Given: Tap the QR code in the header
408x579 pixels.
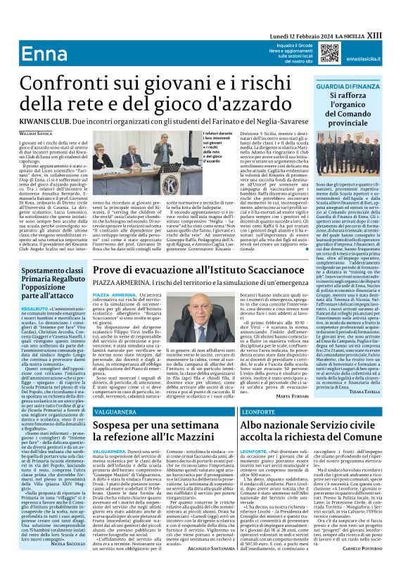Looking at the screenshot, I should (329, 51).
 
